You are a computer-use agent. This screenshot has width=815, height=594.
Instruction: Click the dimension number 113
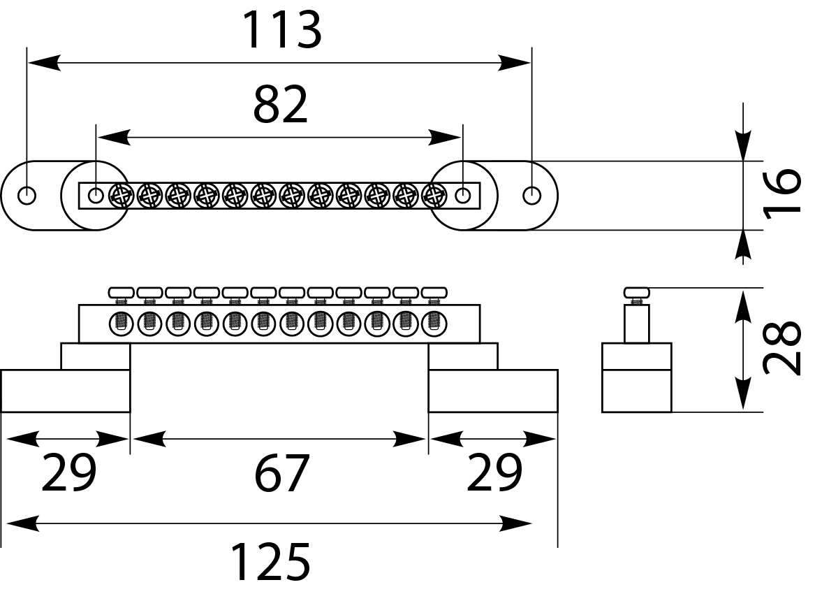(x=281, y=31)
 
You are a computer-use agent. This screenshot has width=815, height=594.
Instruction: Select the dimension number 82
(x=280, y=106)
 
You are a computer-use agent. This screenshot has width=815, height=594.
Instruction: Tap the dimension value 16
(x=782, y=194)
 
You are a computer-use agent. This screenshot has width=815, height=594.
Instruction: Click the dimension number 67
(x=281, y=474)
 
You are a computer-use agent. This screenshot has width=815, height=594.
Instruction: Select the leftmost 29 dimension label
(x=68, y=474)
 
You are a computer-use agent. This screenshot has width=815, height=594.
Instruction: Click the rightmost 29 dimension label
(x=494, y=474)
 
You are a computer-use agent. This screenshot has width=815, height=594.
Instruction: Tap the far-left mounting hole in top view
(x=27, y=195)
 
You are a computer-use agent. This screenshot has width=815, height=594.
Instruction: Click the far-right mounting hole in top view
(x=532, y=195)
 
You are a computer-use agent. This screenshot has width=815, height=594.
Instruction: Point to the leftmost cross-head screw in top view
(x=122, y=196)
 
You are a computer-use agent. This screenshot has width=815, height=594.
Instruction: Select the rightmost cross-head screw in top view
(x=434, y=196)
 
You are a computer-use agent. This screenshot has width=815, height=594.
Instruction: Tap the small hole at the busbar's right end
(x=462, y=195)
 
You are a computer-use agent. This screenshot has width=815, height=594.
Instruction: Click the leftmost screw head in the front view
(x=122, y=291)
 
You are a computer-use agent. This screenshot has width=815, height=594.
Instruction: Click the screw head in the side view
(x=636, y=291)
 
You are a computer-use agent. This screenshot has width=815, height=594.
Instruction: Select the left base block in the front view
(x=65, y=391)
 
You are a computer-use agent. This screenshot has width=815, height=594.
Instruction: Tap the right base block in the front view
(x=492, y=391)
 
